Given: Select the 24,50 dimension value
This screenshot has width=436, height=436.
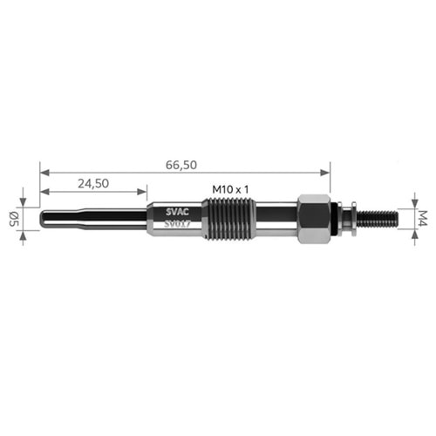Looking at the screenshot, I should pos(92,183).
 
